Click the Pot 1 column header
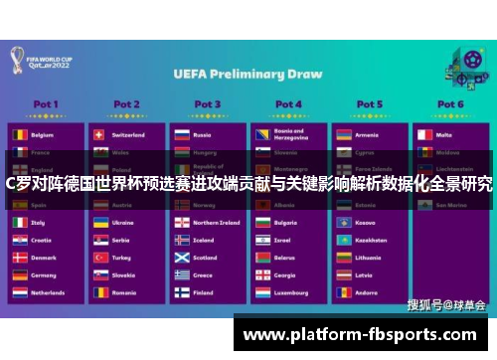(x=45, y=103)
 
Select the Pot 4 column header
(x=288, y=103)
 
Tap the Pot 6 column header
(x=449, y=103)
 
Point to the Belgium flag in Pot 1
(x=19, y=134)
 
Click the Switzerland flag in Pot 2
(x=99, y=134)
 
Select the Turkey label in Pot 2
(x=122, y=258)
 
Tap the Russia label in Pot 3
(x=203, y=134)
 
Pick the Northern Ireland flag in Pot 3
(x=181, y=223)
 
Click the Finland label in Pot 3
(x=204, y=293)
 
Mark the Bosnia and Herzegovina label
(x=289, y=134)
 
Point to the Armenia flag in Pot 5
(x=343, y=134)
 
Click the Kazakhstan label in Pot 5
(x=371, y=240)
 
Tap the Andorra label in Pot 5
(x=367, y=293)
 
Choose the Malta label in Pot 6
(x=444, y=134)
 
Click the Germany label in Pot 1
(x=46, y=275)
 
